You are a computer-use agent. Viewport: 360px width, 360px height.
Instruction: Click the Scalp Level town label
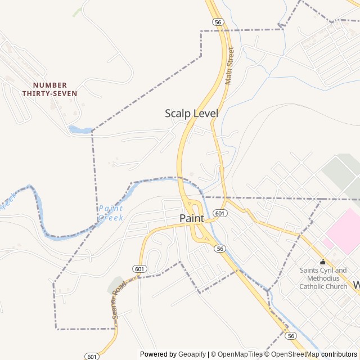(191, 113)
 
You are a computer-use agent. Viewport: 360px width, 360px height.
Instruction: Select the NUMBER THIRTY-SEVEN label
(49, 89)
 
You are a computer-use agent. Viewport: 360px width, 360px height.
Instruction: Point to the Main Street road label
(229, 66)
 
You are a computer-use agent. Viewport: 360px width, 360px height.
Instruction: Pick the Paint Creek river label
(110, 213)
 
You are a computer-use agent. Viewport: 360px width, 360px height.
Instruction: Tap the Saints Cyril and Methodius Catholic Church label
(323, 278)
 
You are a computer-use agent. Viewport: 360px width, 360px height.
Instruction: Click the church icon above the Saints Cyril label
(323, 262)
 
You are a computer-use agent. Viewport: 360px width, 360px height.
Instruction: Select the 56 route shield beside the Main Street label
(218, 21)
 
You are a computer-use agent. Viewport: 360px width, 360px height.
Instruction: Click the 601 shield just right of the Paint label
(220, 213)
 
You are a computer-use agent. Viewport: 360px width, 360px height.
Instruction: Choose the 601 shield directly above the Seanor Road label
(140, 269)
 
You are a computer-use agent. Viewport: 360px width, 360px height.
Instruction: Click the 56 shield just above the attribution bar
(290, 335)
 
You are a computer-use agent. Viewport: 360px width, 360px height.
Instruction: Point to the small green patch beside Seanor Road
(115, 285)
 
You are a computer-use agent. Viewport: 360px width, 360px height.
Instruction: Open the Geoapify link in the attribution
(193, 354)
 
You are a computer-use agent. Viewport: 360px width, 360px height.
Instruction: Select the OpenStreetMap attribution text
(294, 354)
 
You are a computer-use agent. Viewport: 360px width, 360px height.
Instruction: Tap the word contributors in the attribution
(339, 354)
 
